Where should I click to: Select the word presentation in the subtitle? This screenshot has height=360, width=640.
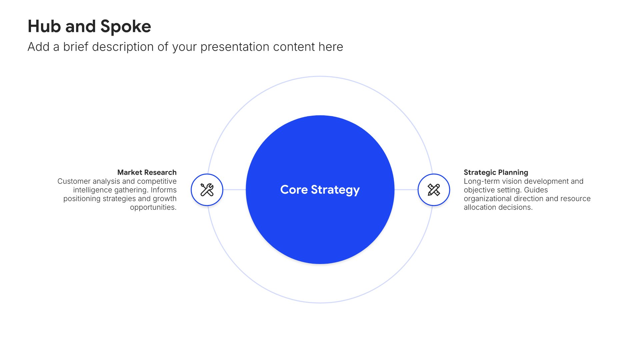pos(235,47)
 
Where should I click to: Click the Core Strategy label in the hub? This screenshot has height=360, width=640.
pos(320,190)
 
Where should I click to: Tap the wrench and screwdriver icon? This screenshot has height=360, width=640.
pos(207,190)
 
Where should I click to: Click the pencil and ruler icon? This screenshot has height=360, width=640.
pos(434,190)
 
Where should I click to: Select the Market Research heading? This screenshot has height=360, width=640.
pos(147,172)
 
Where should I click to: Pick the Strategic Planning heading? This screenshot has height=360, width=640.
pos(496,173)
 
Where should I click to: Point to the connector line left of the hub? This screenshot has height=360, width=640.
pos(234,190)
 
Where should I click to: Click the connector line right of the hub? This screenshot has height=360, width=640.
pos(406,190)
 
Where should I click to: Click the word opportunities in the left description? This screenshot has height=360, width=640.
pos(153,208)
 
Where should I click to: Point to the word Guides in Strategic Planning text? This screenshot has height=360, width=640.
pos(536,190)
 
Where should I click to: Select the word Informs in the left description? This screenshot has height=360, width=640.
pos(164,190)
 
